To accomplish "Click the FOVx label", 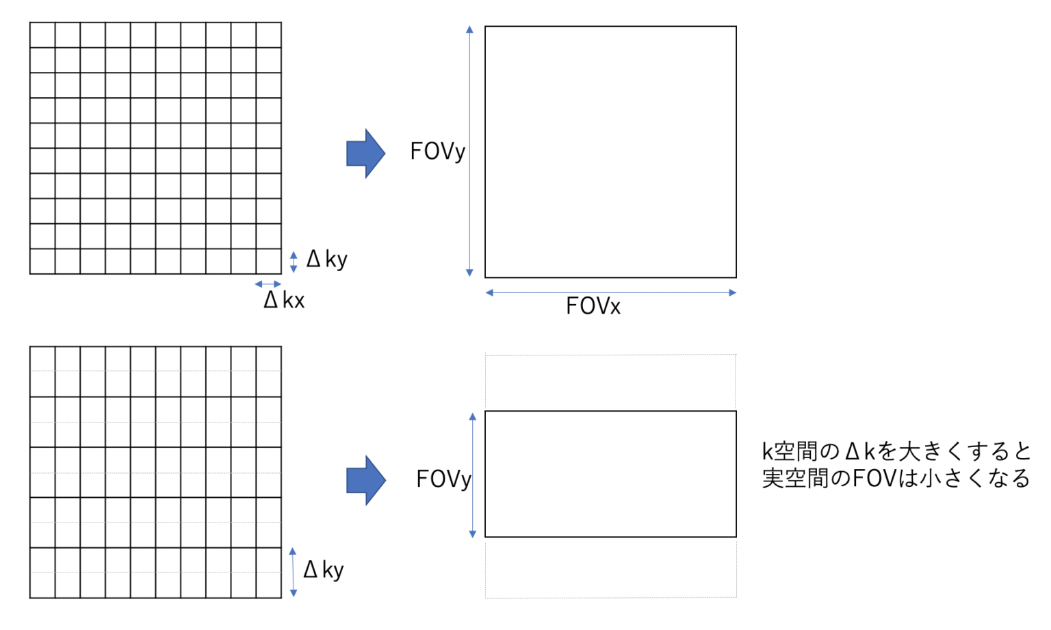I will point(593,306).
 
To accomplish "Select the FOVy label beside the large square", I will point(437,151).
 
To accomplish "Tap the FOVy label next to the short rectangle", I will point(443,479).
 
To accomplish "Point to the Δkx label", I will point(284,300).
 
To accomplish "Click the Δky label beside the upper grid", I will point(327,260).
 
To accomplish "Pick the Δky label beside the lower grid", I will point(324,570).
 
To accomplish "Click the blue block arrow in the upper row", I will point(365,153).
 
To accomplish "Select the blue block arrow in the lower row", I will point(365,480).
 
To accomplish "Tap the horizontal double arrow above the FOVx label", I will point(610,293).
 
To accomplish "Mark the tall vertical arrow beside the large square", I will point(469,151).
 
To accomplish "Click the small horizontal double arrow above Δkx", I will point(268,284).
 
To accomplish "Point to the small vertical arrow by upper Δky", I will point(294,262).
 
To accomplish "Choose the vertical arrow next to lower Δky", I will point(293,572).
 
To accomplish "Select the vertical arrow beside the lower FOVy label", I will point(472,475).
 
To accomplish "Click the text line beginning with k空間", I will point(896,451).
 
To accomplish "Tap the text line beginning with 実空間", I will point(896,478).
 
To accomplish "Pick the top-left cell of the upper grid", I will point(42,35).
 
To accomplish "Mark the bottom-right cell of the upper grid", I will point(268,262).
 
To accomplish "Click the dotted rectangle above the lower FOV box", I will point(610,382).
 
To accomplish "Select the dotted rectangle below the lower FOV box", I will point(610,568).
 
